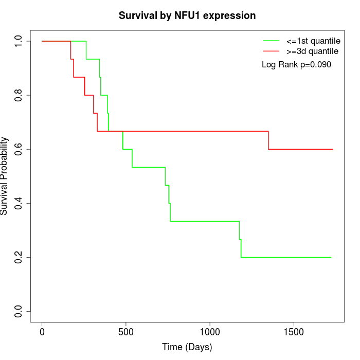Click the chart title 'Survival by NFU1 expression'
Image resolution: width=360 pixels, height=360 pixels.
187,16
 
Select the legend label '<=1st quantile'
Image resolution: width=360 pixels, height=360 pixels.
312,40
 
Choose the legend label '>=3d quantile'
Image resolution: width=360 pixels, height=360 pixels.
312,51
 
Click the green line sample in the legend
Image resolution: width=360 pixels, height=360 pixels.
271,40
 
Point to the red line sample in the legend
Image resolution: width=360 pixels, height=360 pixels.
271,51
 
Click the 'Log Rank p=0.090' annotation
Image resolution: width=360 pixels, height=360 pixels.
296,65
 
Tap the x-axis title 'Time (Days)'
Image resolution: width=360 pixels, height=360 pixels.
187,347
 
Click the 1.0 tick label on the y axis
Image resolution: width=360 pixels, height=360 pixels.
19,41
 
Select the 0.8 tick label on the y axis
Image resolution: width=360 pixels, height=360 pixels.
19,95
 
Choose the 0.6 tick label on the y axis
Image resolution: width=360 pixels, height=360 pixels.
19,149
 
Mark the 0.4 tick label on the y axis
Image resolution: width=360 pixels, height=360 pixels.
19,203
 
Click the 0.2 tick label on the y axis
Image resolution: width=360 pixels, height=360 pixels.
19,257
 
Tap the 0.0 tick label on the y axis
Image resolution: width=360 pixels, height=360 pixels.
19,311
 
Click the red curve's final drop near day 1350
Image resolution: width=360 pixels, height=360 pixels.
268,140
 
